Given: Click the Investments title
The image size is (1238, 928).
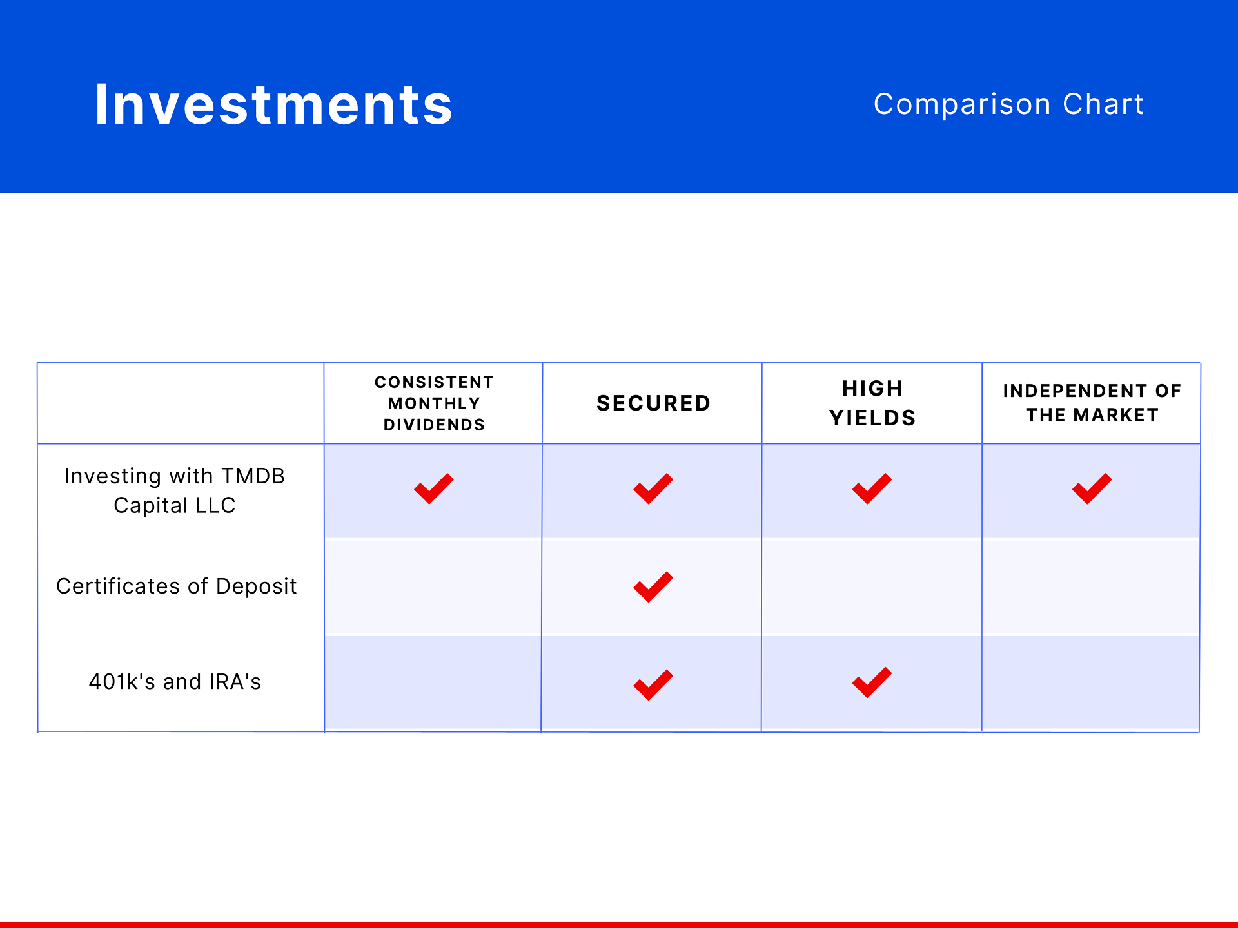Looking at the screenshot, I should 273,104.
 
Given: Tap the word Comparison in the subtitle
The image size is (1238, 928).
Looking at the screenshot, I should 961,104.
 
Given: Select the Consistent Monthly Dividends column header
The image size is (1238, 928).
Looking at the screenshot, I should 434,403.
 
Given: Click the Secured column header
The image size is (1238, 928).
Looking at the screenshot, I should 653,403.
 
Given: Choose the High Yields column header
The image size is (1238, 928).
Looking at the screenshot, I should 872,403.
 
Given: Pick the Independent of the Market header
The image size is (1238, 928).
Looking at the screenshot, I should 1092,403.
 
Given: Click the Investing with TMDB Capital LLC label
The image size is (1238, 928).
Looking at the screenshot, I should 175,490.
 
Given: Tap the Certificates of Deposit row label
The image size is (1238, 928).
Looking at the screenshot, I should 176,586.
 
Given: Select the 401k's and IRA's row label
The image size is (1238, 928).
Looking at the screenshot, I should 175,682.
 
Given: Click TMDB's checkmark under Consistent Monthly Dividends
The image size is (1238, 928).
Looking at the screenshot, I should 434,489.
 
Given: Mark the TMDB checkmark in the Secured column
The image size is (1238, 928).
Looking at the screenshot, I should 653,489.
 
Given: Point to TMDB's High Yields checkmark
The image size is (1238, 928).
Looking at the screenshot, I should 872,489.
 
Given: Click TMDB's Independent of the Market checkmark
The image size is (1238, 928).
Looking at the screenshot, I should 1092,489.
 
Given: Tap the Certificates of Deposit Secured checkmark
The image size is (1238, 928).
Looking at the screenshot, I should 653,587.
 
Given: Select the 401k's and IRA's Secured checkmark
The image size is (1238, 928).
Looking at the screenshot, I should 653,685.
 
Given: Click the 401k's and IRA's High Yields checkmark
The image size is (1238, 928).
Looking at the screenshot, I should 872,682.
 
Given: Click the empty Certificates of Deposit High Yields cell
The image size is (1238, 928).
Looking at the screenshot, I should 872,587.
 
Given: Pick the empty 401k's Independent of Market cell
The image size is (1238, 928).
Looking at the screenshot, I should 1091,682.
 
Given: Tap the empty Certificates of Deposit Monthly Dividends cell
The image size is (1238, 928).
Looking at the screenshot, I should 433,587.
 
